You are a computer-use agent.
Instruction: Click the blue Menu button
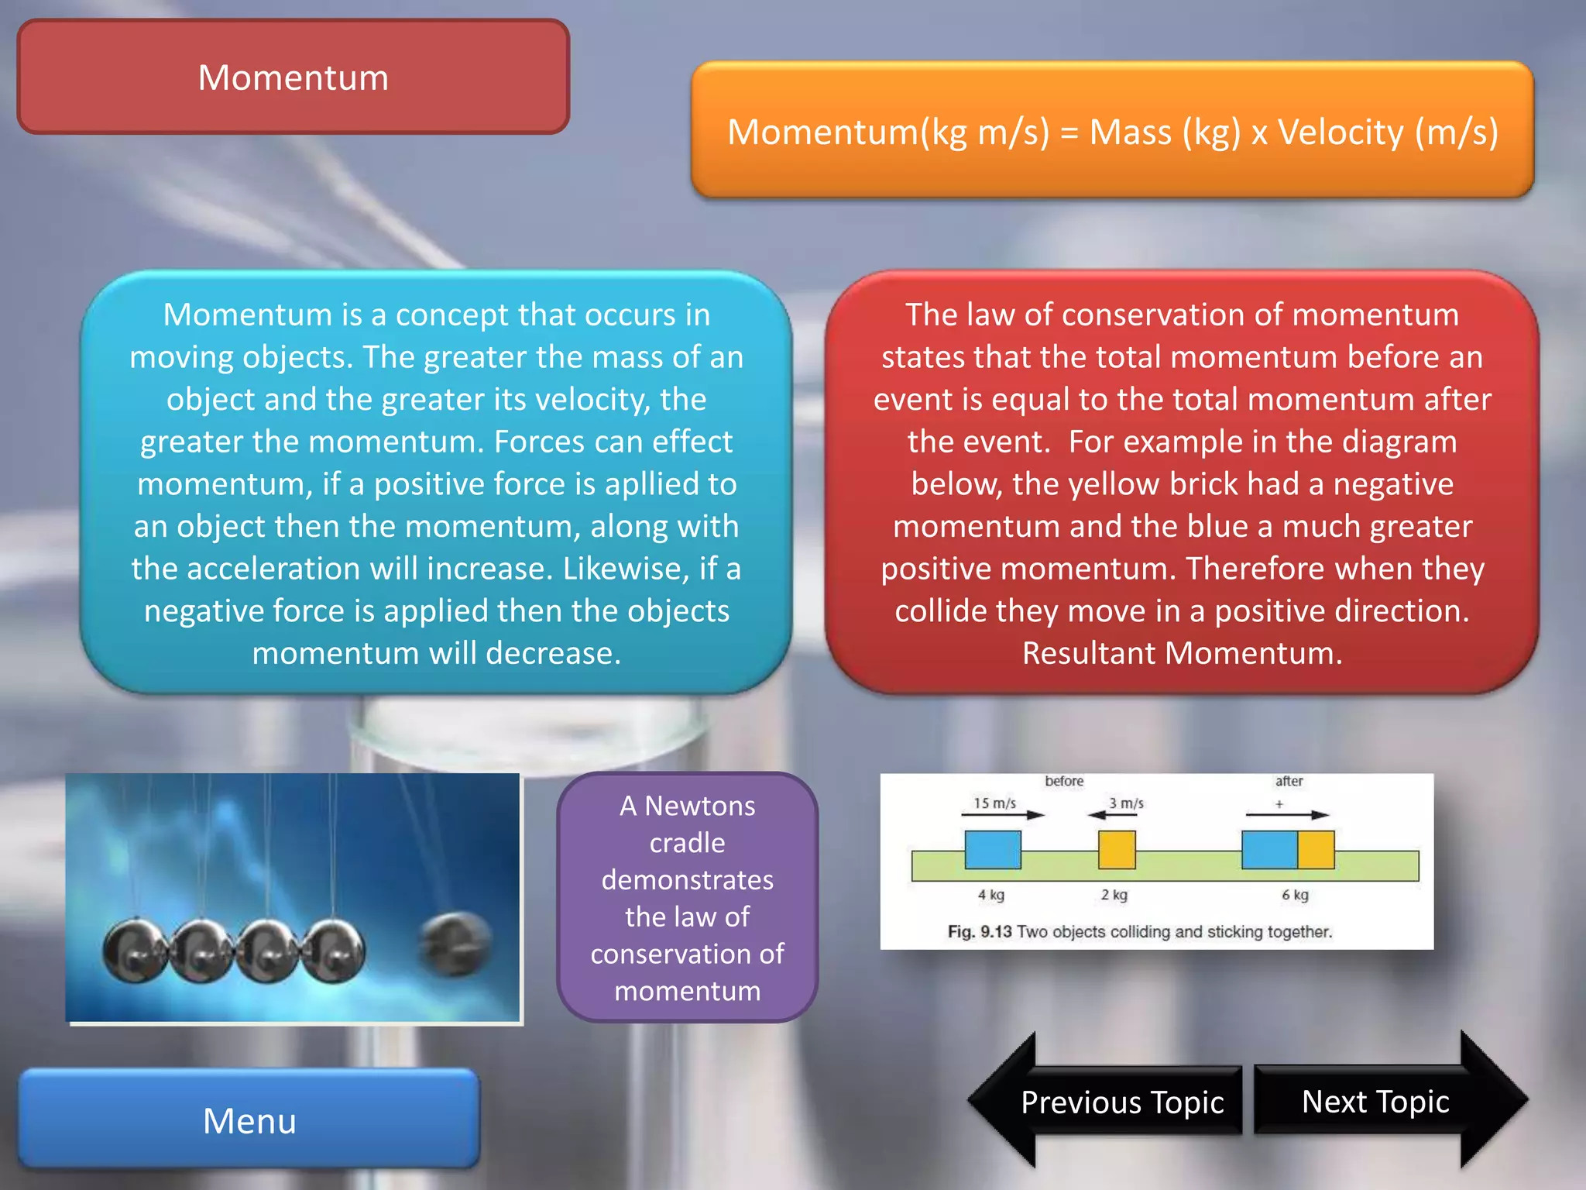click(x=249, y=1119)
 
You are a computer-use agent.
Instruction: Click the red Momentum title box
click(x=294, y=77)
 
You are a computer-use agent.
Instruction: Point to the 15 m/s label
click(x=994, y=803)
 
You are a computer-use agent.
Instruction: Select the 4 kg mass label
click(x=990, y=895)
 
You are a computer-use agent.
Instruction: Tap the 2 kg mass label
click(x=1114, y=895)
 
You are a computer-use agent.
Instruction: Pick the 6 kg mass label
click(x=1295, y=895)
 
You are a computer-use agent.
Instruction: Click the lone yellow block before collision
click(x=1117, y=850)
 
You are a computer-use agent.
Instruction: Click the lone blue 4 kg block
click(x=993, y=850)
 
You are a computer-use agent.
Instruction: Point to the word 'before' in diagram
click(x=1064, y=781)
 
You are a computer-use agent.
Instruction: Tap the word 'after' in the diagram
click(x=1289, y=781)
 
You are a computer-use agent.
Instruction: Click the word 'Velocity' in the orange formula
click(x=1341, y=132)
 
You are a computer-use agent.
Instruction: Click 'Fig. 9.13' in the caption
click(x=980, y=931)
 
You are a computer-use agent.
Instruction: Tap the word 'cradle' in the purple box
click(x=687, y=843)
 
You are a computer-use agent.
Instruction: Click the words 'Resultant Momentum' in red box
click(x=1181, y=653)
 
